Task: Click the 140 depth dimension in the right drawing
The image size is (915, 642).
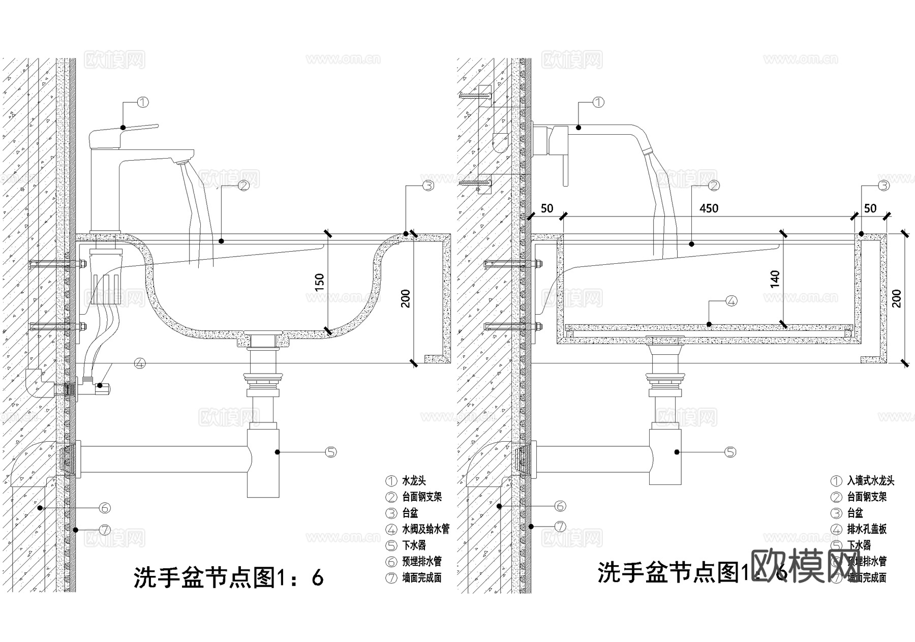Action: pyautogui.click(x=775, y=279)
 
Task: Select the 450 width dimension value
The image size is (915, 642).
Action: pyautogui.click(x=709, y=208)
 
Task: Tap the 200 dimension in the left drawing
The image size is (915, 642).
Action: pyautogui.click(x=405, y=298)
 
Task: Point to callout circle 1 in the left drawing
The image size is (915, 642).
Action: pyautogui.click(x=143, y=102)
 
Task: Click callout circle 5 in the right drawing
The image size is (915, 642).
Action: pyautogui.click(x=730, y=451)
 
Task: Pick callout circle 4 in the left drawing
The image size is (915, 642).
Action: pyautogui.click(x=140, y=363)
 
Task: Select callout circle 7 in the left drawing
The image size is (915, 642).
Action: pyautogui.click(x=105, y=530)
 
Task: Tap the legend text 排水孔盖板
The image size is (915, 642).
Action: pyautogui.click(x=867, y=529)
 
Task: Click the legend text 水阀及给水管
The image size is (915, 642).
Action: pyautogui.click(x=425, y=529)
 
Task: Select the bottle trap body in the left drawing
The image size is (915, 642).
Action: pyautogui.click(x=263, y=463)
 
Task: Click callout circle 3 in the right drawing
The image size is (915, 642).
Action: pyautogui.click(x=884, y=186)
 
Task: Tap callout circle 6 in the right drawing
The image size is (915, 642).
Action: pyautogui.click(x=560, y=506)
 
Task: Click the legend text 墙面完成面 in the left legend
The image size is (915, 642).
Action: pyautogui.click(x=421, y=578)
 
